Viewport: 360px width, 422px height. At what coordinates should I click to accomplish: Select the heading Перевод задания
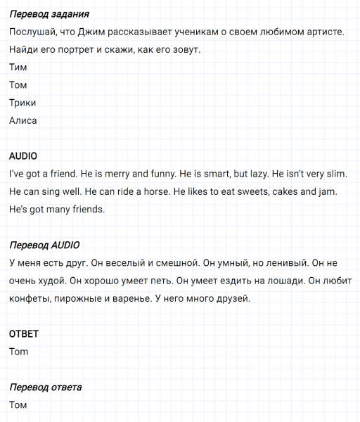(x=49, y=14)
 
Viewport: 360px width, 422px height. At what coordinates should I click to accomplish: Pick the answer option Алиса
(x=23, y=120)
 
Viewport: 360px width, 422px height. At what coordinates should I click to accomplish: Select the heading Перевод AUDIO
(x=44, y=245)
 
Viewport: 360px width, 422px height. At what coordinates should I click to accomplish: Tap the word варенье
(x=137, y=299)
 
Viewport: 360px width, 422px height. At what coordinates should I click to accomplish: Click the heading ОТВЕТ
(x=23, y=334)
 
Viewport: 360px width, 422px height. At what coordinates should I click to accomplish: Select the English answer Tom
(x=19, y=352)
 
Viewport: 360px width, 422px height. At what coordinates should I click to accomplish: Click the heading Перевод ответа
(x=45, y=388)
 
